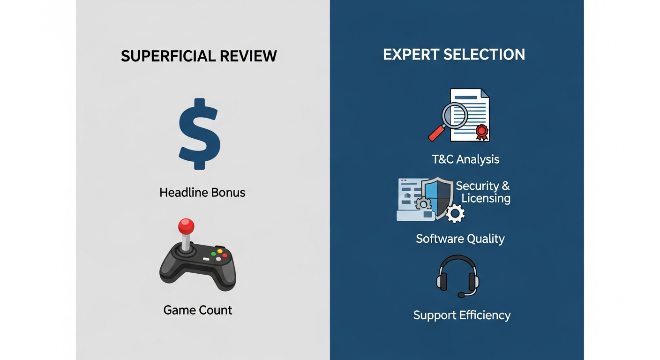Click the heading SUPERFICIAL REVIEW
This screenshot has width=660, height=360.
pos(199,56)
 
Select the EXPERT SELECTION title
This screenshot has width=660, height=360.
pos(454,54)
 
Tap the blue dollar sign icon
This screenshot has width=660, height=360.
pos(200,134)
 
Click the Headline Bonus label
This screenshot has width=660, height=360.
pos(202,193)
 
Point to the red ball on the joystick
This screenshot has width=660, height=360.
pos(186,226)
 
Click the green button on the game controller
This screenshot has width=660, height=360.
pos(213,254)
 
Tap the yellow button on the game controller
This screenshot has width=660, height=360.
pos(220,251)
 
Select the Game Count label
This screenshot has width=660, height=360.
pos(198,310)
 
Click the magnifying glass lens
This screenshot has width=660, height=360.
pos(455,115)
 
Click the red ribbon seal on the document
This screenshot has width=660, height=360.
pos(482,132)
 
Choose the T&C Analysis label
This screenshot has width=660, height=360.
pos(465,159)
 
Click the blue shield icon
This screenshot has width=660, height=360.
pos(437,198)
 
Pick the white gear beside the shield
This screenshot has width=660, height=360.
pos(455,213)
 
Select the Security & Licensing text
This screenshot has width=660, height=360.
pos(483,192)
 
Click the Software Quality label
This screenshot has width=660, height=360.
pos(460,239)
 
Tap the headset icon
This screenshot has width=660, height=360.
pos(457,276)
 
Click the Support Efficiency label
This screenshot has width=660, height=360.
pos(462,315)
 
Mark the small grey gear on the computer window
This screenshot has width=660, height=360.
pos(423,204)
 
